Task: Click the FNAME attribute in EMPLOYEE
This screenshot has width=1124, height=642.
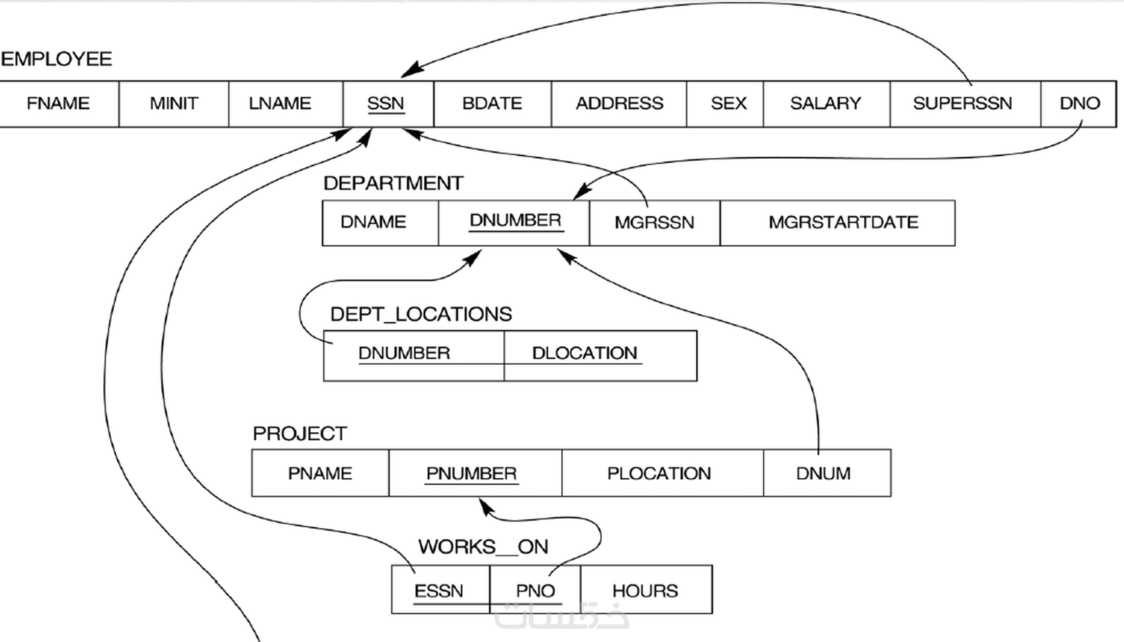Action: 58,104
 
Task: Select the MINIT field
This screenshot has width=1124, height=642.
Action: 174,104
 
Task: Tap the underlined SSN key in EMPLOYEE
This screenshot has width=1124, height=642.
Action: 385,104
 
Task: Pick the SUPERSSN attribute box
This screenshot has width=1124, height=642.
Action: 963,104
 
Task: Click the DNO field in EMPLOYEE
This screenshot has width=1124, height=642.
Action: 1079,104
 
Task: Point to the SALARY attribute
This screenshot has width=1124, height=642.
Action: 825,104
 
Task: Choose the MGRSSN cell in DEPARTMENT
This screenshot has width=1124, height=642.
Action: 654,222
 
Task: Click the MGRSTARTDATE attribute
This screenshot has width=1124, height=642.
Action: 843,222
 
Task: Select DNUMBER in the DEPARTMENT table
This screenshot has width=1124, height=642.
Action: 515,221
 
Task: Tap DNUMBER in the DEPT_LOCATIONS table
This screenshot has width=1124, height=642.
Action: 404,353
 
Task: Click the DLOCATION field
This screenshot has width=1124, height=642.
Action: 584,353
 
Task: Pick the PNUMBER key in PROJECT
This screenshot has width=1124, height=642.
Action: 471,474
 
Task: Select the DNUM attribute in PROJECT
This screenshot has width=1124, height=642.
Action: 823,474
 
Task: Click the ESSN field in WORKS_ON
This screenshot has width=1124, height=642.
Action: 438,591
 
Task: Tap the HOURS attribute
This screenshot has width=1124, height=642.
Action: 645,591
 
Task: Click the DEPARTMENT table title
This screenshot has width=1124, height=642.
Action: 393,183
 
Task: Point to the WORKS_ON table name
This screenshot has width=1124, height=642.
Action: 483,547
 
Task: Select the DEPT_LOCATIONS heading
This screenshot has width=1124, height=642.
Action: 421,314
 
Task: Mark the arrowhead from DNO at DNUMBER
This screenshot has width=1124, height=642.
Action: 580,193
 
